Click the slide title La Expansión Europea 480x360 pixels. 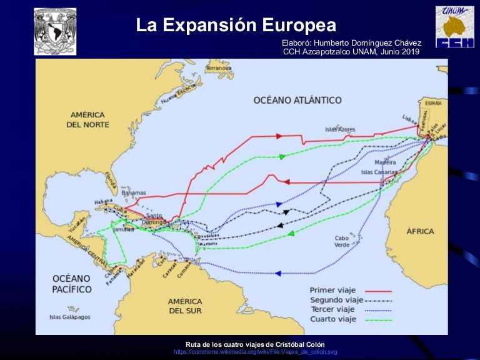pyautogui.click(x=236, y=25)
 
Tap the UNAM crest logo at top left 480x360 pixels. pyautogui.click(x=55, y=31)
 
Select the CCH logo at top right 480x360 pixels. pyautogui.click(x=454, y=27)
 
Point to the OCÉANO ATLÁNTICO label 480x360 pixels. pyautogui.click(x=297, y=100)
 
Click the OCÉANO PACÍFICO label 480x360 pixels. pyautogui.click(x=71, y=283)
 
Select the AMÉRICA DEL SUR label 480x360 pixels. pyautogui.click(x=185, y=306)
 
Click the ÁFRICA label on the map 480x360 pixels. pyautogui.click(x=420, y=231)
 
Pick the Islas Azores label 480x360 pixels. pyautogui.click(x=340, y=129)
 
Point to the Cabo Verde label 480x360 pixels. pyautogui.click(x=342, y=241)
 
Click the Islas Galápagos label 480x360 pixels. pyautogui.click(x=70, y=317)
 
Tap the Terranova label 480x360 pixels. pyautogui.click(x=218, y=67)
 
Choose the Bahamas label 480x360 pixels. pyautogui.click(x=133, y=192)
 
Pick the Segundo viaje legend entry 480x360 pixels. pyautogui.click(x=336, y=300)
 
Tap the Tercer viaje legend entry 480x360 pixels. pyautogui.click(x=332, y=309)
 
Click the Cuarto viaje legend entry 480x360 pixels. pyautogui.click(x=333, y=319)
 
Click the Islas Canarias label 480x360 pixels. pyautogui.click(x=379, y=171)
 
